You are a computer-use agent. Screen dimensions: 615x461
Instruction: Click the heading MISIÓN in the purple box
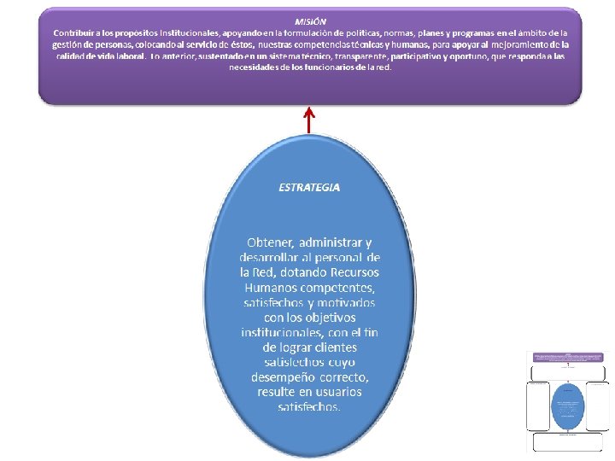(x=310, y=20)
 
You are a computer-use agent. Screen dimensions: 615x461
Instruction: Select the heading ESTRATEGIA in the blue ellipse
(x=309, y=186)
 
